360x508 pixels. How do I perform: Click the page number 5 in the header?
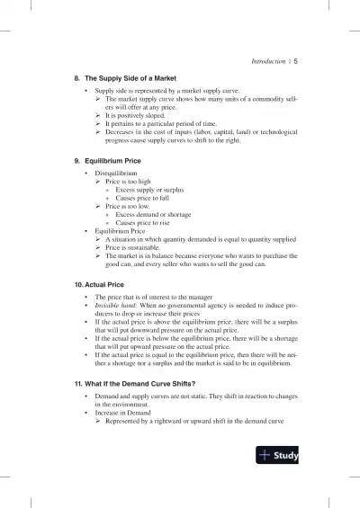(296, 61)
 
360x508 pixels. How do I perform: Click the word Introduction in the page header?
(262, 61)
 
